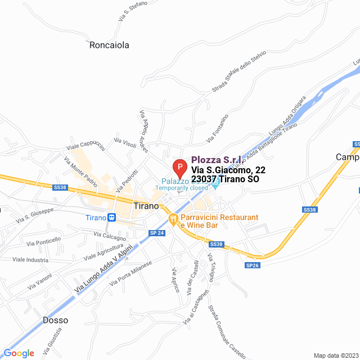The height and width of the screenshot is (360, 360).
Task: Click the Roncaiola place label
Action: (x=109, y=45)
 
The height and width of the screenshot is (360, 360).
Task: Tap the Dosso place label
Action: (x=55, y=320)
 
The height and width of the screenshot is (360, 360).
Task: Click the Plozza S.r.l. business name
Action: (x=217, y=160)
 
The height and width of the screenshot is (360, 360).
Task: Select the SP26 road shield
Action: (x=253, y=265)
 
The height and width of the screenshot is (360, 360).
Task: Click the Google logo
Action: (x=19, y=353)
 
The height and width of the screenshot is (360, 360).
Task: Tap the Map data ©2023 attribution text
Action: (x=335, y=355)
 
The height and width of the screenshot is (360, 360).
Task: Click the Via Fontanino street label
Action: (x=217, y=128)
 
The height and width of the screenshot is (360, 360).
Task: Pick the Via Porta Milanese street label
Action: (x=131, y=273)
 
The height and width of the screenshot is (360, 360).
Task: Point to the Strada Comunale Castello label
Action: (x=227, y=332)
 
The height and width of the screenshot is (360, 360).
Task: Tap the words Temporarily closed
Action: (x=182, y=188)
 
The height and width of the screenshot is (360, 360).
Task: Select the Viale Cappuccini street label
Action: (x=85, y=144)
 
